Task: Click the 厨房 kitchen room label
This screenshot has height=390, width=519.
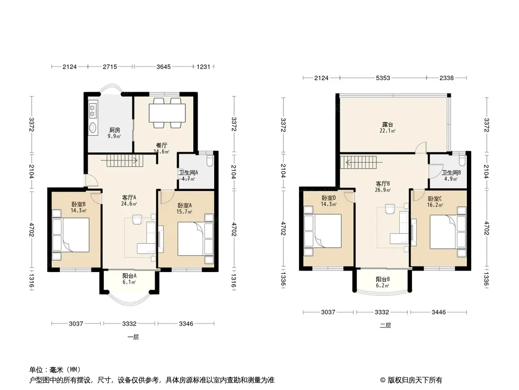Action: [115, 130]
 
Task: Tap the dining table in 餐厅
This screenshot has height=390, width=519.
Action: [167, 113]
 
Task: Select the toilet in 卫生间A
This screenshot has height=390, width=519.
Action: [209, 161]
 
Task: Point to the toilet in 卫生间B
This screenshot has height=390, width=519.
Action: [462, 160]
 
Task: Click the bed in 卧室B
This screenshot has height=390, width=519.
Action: [75, 235]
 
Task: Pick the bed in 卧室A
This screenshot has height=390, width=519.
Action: [191, 239]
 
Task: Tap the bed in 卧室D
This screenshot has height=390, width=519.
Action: [327, 231]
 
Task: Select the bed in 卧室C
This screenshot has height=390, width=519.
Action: [444, 232]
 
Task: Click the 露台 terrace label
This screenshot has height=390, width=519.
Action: [388, 125]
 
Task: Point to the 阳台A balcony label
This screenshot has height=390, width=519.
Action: [130, 276]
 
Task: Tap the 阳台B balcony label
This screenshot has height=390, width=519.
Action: [383, 279]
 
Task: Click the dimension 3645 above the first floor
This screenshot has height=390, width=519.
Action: [164, 67]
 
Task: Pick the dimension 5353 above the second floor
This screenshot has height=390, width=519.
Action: [383, 78]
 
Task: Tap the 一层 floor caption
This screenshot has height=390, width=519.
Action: [133, 337]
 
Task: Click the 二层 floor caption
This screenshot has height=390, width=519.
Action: [385, 325]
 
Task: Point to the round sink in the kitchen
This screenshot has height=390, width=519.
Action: [93, 127]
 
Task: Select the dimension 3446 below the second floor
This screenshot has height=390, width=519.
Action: [438, 312]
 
